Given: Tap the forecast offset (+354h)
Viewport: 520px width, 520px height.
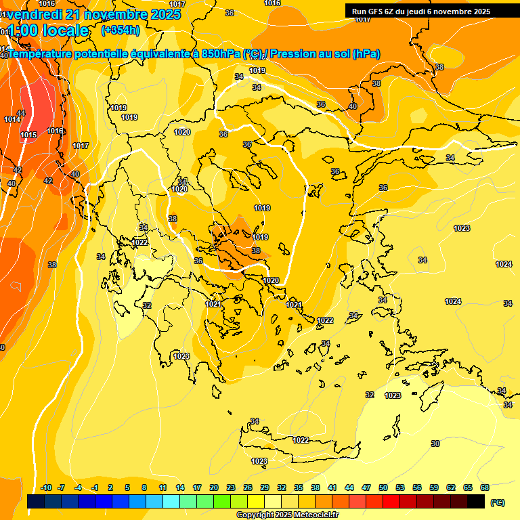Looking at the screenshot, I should click(x=120, y=30).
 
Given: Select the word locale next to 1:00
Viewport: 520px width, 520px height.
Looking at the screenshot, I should click(x=65, y=30).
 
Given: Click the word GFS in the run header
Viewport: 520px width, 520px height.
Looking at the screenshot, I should click(x=376, y=12).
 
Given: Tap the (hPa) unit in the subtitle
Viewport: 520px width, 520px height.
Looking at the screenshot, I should click(x=366, y=54).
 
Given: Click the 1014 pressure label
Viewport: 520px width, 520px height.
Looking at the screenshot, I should click(x=12, y=120).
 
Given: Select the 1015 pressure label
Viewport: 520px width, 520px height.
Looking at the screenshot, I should click(x=28, y=135).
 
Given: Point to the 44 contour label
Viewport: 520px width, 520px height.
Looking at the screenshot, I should click(x=21, y=113).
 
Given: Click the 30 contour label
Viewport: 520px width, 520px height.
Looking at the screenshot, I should click(x=435, y=443).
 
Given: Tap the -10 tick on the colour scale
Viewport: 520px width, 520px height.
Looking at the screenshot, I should click(x=46, y=487).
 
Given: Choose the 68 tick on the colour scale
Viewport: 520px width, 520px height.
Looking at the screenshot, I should click(x=485, y=487).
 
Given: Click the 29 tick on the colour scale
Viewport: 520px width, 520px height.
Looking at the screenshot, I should click(x=265, y=487).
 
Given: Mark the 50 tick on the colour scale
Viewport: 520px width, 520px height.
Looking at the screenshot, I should click(x=383, y=487).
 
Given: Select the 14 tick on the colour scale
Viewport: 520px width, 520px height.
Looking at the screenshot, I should click(x=180, y=487).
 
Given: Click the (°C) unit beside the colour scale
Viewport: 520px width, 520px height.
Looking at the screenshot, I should click(x=498, y=502).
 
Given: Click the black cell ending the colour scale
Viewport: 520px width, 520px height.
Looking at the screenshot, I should click(x=476, y=502).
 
